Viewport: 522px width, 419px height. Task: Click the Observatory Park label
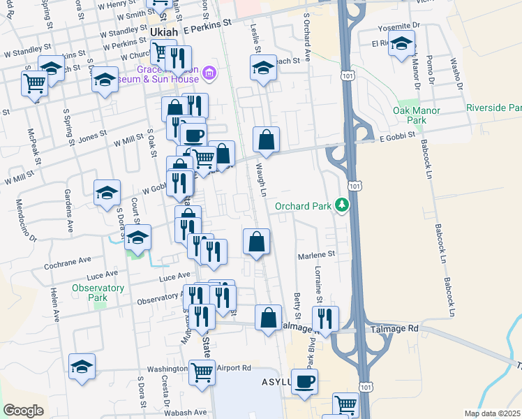pyautogui.click(x=98, y=292)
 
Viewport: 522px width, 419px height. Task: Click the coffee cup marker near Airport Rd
pyautogui.click(x=304, y=382)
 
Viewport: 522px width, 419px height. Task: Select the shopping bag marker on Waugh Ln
pyautogui.click(x=267, y=140)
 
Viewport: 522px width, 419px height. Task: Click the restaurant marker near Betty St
pyautogui.click(x=325, y=318)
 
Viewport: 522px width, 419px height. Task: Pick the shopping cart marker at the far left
pyautogui.click(x=34, y=83)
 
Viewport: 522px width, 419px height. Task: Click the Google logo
pyautogui.click(x=23, y=411)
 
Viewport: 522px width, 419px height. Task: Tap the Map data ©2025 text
pyautogui.click(x=493, y=413)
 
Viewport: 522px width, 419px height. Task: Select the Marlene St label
pyautogui.click(x=318, y=254)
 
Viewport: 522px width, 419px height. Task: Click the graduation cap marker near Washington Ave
pyautogui.click(x=82, y=366)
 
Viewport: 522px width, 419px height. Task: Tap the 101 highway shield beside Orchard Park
pyautogui.click(x=356, y=187)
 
